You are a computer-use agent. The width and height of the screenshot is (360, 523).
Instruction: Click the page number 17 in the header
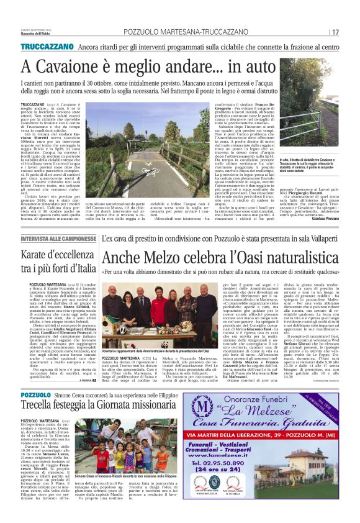coord(335,32)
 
